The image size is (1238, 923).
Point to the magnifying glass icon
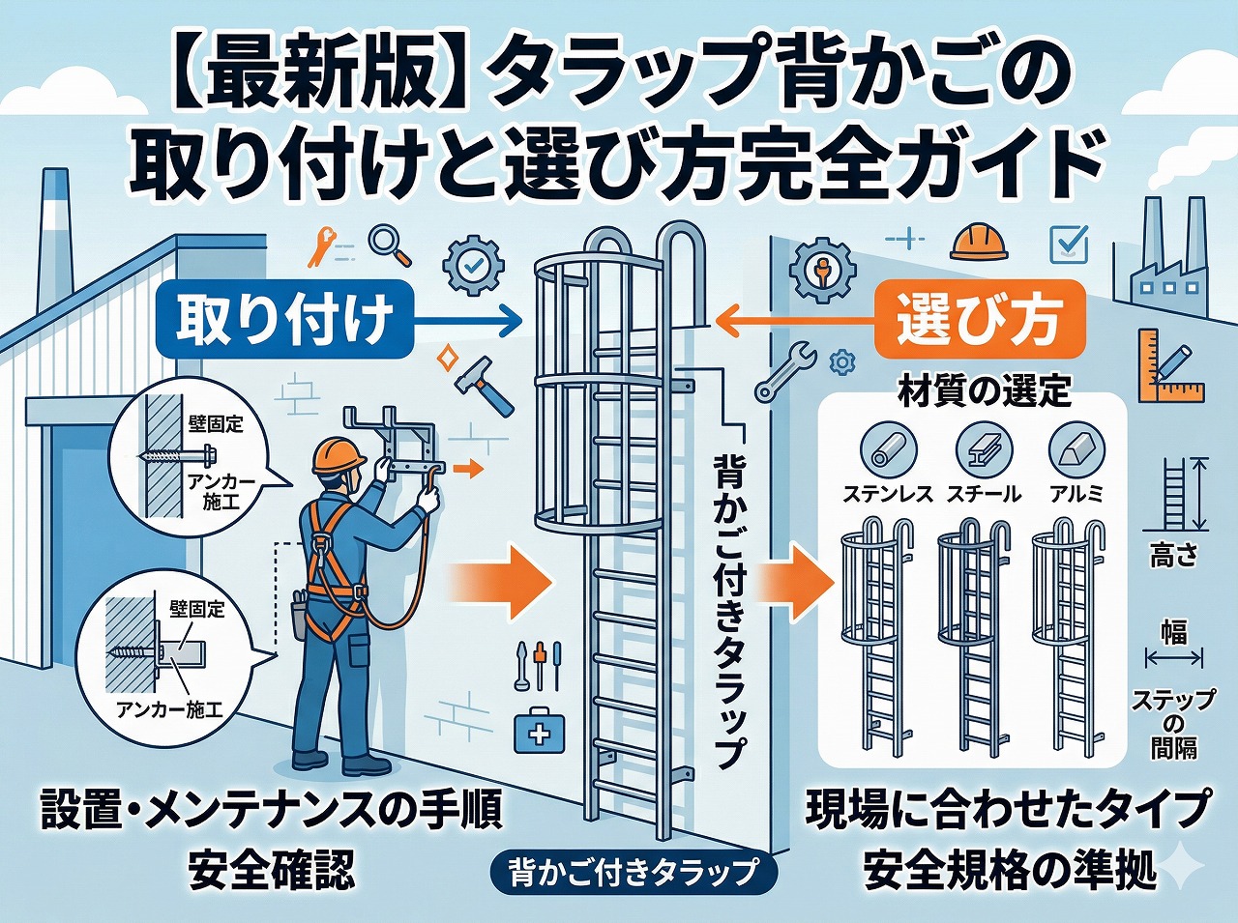pyautogui.click(x=390, y=245)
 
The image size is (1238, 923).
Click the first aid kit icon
pyautogui.click(x=536, y=730)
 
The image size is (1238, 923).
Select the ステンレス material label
pyautogui.click(x=887, y=494)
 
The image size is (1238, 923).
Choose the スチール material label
pyautogui.click(x=983, y=494)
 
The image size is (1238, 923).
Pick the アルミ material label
pyautogui.click(x=1076, y=494)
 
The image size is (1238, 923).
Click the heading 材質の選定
pyautogui.click(x=984, y=391)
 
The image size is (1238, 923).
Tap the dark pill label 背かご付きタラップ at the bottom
pyautogui.click(x=634, y=872)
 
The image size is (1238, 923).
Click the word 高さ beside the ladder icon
pyautogui.click(x=1173, y=556)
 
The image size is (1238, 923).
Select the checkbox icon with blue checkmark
pyautogui.click(x=1069, y=243)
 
